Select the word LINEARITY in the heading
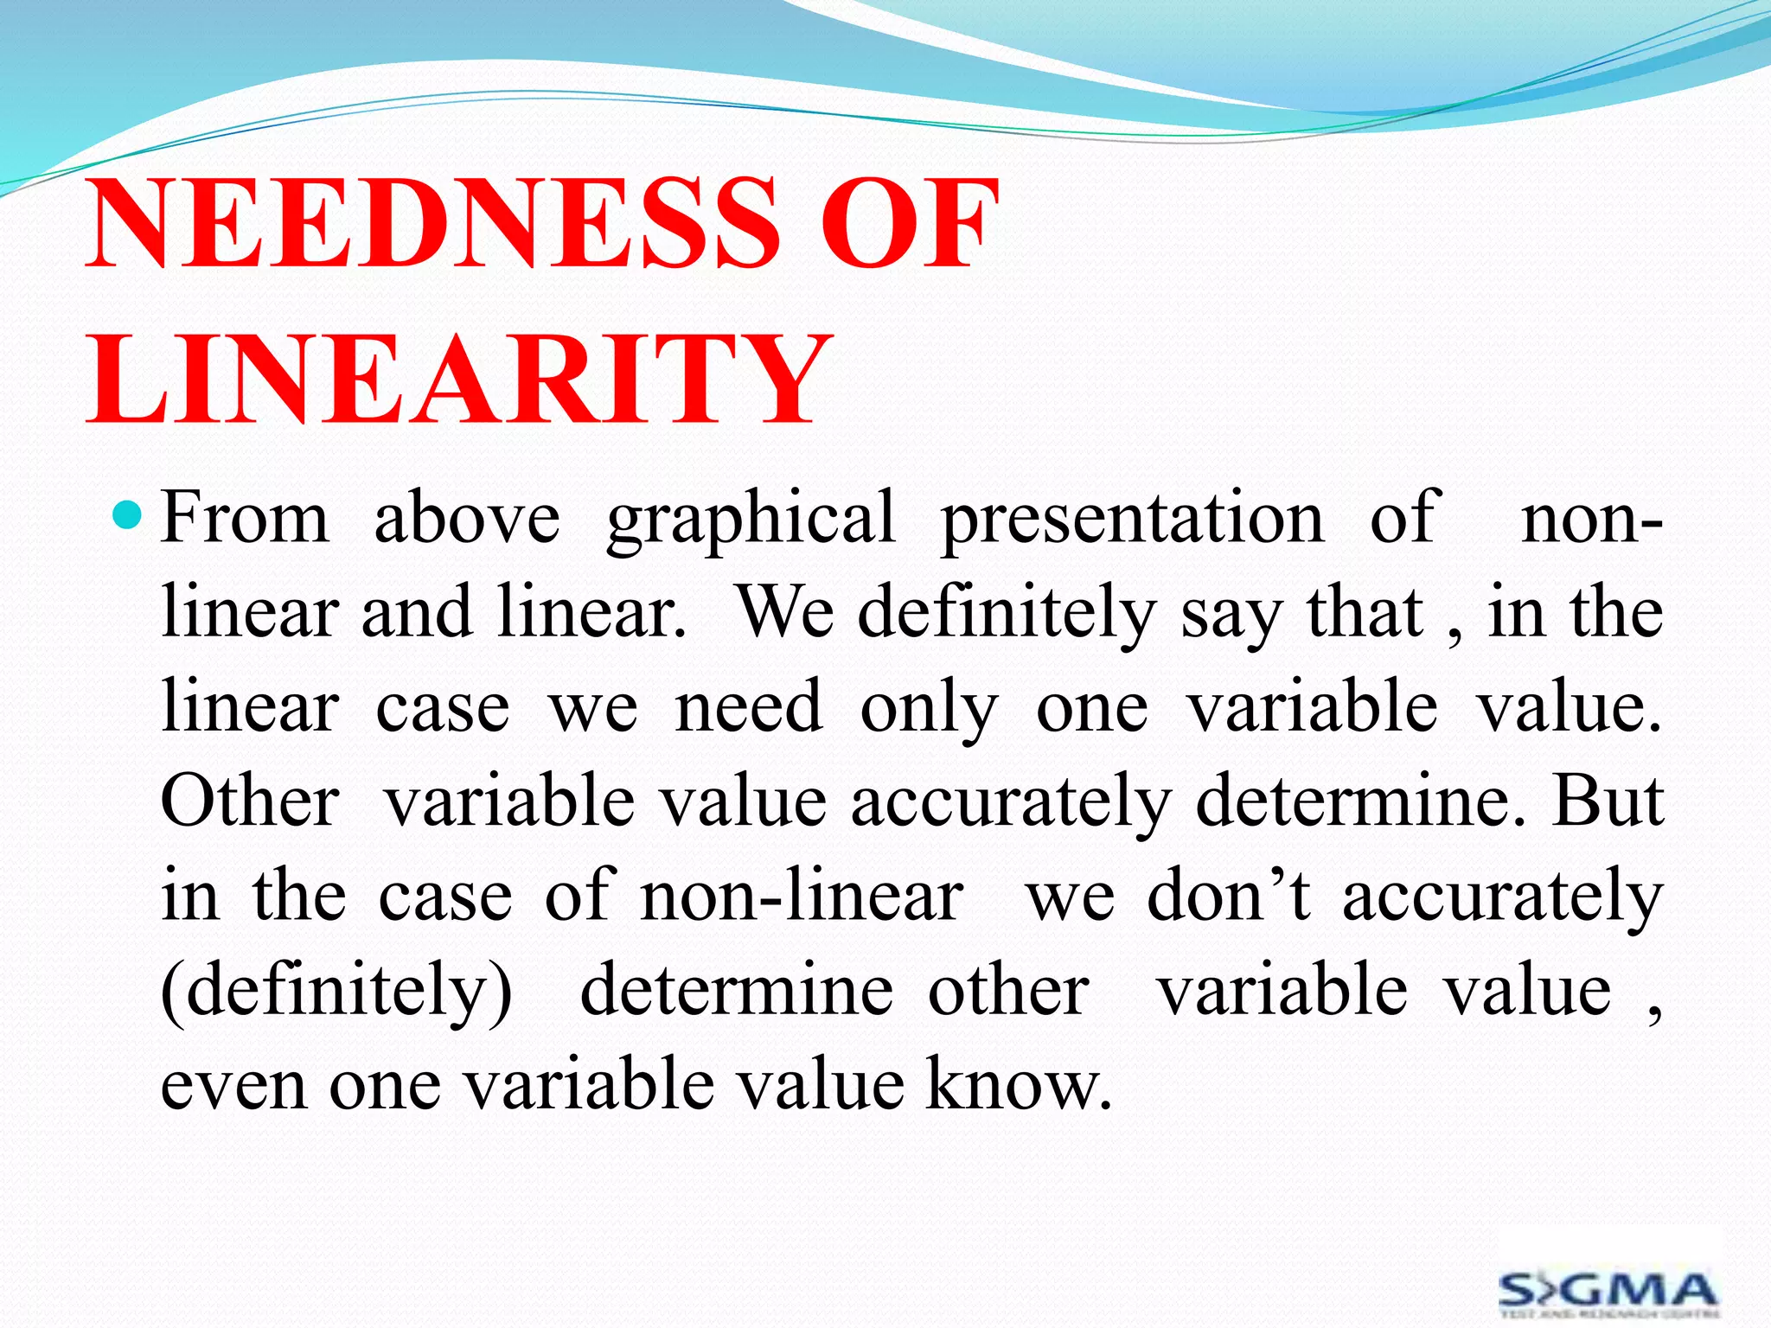(x=458, y=380)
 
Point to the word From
(x=246, y=519)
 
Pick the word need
(x=749, y=707)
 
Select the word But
(x=1608, y=801)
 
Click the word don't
(x=1228, y=896)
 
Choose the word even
(x=233, y=1086)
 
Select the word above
(x=467, y=519)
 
